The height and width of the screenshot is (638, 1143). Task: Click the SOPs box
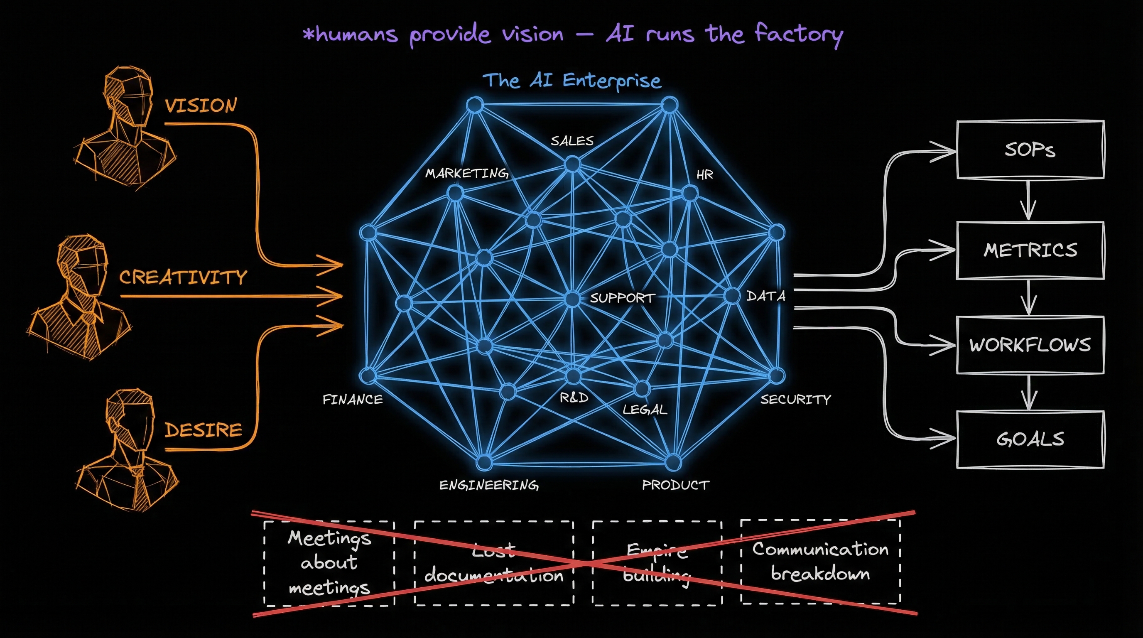1030,150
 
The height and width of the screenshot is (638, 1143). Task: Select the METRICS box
1030,250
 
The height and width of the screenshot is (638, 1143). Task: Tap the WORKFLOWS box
1030,345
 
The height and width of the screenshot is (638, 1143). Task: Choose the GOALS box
1030,439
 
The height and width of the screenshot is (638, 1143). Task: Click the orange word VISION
201,106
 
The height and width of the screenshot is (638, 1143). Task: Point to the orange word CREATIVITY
183,277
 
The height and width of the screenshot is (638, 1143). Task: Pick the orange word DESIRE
203,430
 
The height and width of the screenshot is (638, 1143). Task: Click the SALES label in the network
572,141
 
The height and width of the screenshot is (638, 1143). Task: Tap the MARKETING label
467,173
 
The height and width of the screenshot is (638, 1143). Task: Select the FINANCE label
352,400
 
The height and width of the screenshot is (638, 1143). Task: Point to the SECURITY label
795,400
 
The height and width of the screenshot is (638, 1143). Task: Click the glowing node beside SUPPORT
572,299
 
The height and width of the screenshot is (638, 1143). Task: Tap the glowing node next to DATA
731,296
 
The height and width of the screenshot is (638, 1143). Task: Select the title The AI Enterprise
572,81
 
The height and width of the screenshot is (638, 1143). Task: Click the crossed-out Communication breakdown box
820,562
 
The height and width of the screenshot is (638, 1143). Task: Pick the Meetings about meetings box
329,562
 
